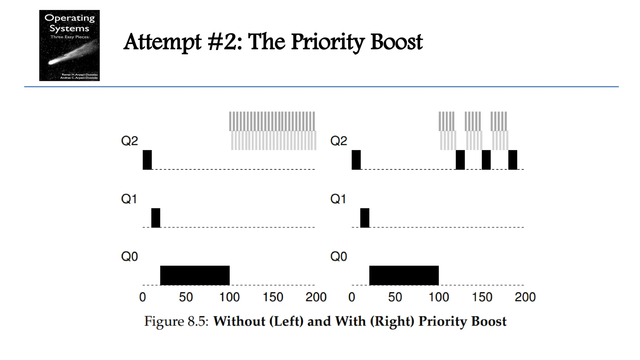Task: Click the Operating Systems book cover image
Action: click(69, 45)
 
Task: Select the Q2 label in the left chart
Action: click(129, 141)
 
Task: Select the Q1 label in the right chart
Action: click(338, 199)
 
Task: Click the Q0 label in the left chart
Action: click(129, 257)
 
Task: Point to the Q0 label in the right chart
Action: click(338, 257)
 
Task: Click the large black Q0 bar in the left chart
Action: click(195, 275)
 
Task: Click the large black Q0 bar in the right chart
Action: click(404, 275)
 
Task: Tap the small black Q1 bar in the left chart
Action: click(156, 218)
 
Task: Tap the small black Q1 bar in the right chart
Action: click(365, 218)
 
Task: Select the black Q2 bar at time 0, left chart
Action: click(147, 160)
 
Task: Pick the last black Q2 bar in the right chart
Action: click(512, 160)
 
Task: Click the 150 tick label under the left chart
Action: click(273, 297)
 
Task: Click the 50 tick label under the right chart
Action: click(395, 297)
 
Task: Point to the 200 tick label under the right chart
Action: click(525, 297)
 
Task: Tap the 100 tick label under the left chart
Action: click(229, 297)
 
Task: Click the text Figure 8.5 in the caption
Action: click(176, 321)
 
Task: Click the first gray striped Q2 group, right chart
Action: click(447, 131)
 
